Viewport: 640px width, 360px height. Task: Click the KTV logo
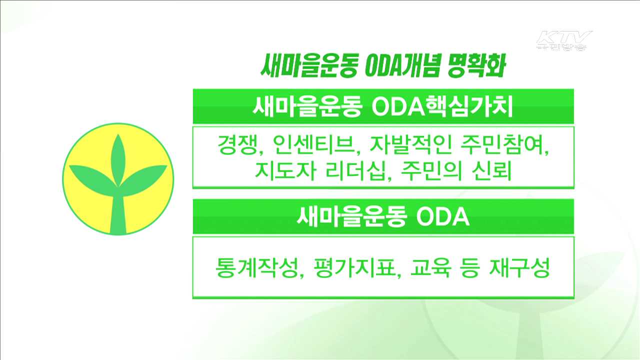563,40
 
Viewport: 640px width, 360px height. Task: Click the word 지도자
283,171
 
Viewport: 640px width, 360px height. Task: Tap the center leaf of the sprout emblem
118,155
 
